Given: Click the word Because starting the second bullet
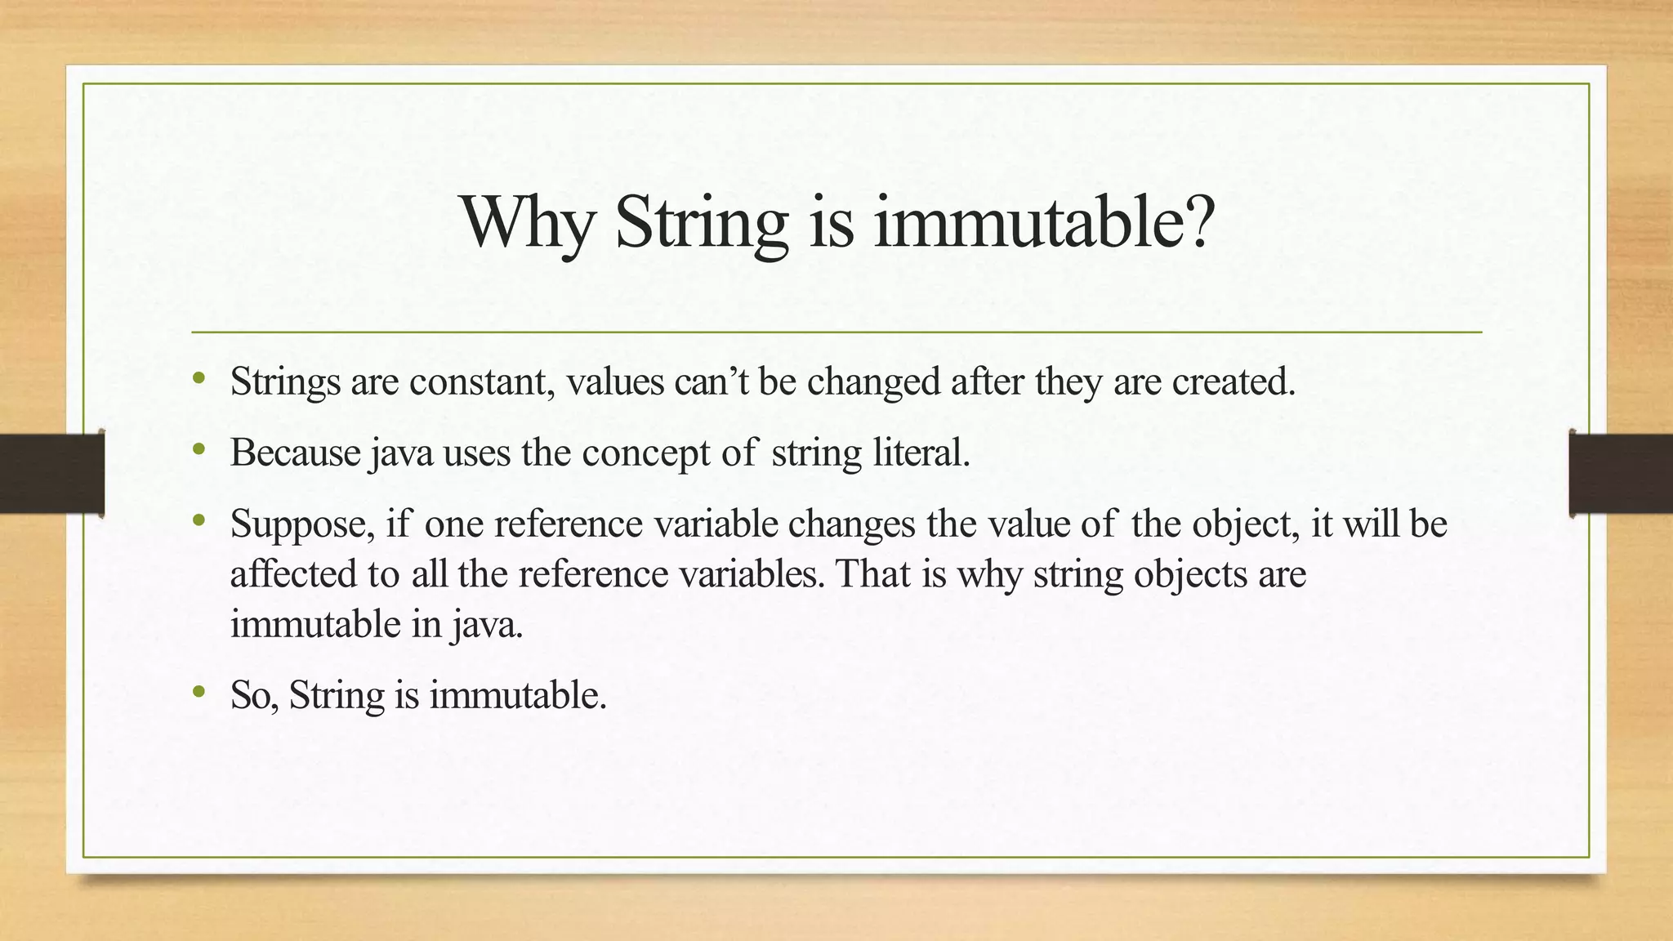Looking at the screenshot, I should [x=295, y=453].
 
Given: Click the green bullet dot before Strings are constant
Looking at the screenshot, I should [x=199, y=378].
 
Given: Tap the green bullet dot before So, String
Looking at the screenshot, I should [x=199, y=693].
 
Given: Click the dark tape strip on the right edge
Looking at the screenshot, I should [x=1621, y=474].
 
